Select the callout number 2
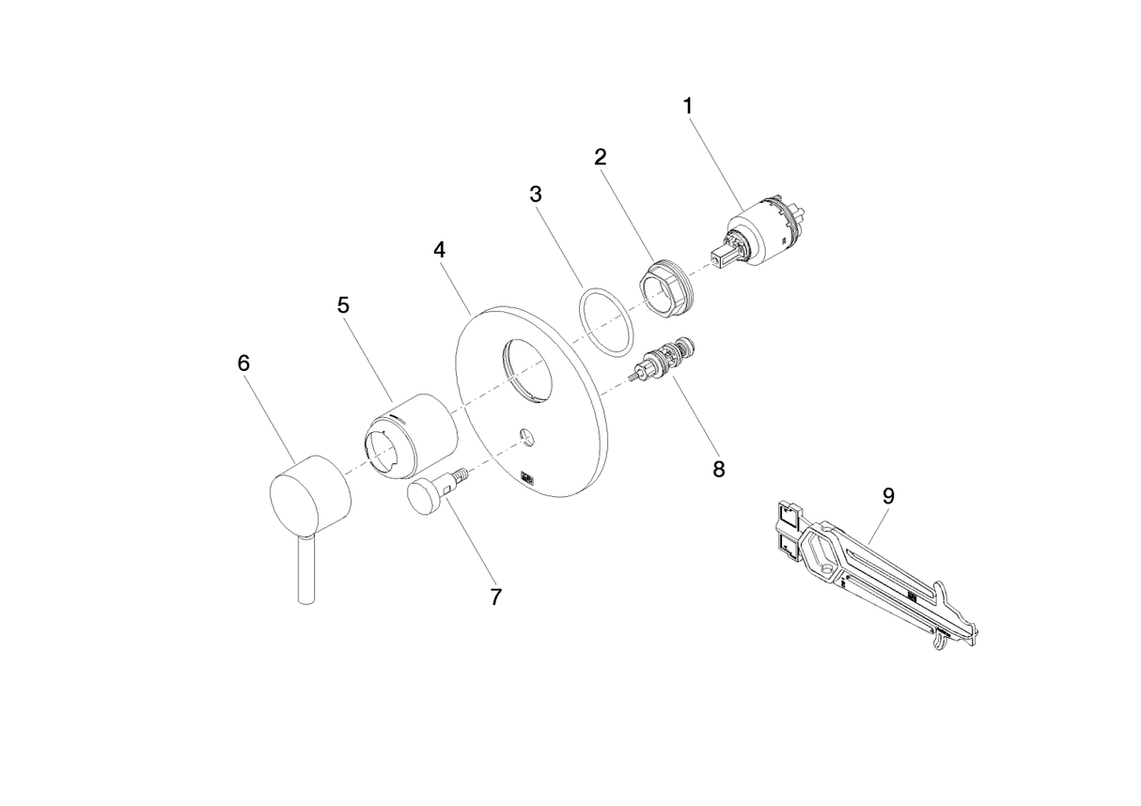pyautogui.click(x=601, y=156)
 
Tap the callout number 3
pyautogui.click(x=536, y=194)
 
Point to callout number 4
pyautogui.click(x=439, y=250)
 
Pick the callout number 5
pyautogui.click(x=343, y=305)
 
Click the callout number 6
pyautogui.click(x=243, y=363)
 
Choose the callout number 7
pyautogui.click(x=496, y=597)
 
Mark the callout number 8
pyautogui.click(x=719, y=469)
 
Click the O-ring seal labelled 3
pyautogui.click(x=603, y=322)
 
